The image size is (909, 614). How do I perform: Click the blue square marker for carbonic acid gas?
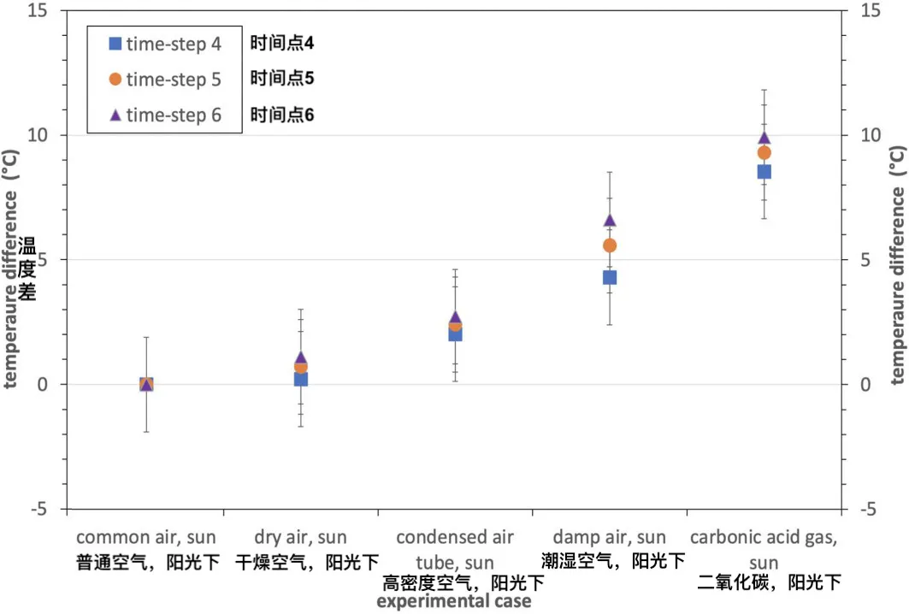pyautogui.click(x=764, y=171)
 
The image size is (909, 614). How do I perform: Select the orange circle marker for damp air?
pyautogui.click(x=610, y=245)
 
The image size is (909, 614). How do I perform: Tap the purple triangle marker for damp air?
pyautogui.click(x=610, y=220)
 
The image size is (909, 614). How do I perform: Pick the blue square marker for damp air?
pyautogui.click(x=610, y=277)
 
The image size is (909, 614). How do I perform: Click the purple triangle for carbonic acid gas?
pyautogui.click(x=764, y=138)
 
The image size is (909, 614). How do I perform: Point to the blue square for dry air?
pyautogui.click(x=301, y=379)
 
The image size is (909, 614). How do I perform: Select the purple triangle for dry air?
pyautogui.click(x=301, y=358)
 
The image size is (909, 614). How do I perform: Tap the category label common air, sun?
pyautogui.click(x=146, y=538)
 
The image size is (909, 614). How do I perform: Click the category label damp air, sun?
pyautogui.click(x=609, y=538)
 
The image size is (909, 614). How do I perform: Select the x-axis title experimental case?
pyautogui.click(x=454, y=602)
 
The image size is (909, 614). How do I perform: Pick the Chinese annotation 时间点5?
pyautogui.click(x=282, y=79)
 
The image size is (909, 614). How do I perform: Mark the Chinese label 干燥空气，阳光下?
pyautogui.click(x=305, y=562)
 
